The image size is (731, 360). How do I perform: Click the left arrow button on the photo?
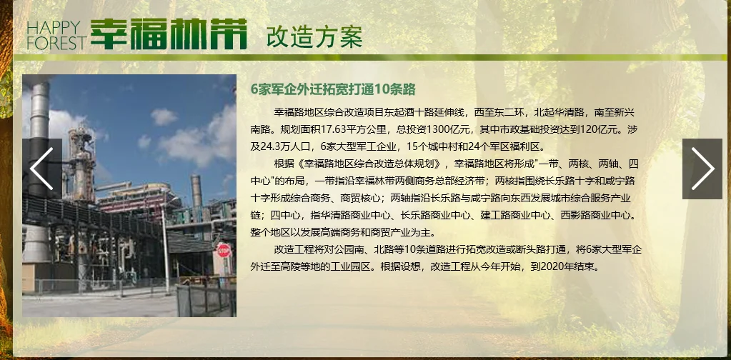[41, 169]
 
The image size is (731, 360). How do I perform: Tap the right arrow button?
[702, 169]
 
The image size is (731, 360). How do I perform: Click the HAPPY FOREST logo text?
[56, 35]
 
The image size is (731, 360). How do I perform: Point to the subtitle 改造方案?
[314, 36]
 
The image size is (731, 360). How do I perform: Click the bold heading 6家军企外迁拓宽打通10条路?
[333, 89]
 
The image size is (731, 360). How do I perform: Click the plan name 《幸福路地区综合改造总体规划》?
[369, 164]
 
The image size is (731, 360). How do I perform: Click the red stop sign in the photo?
[224, 250]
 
